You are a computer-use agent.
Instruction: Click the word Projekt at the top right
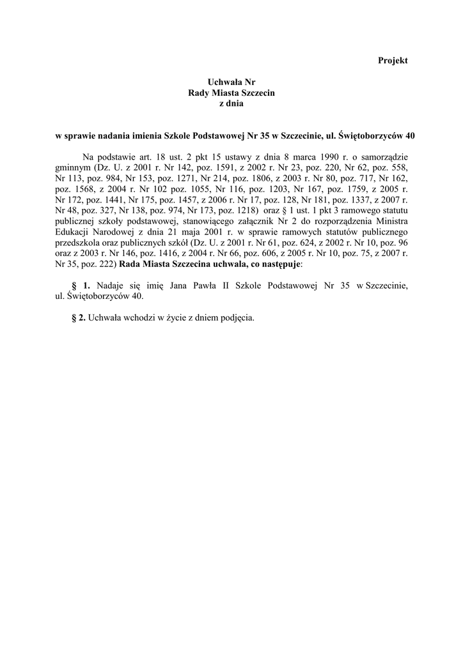pos(393,60)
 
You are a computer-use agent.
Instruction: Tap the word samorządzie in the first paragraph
pos(383,156)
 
